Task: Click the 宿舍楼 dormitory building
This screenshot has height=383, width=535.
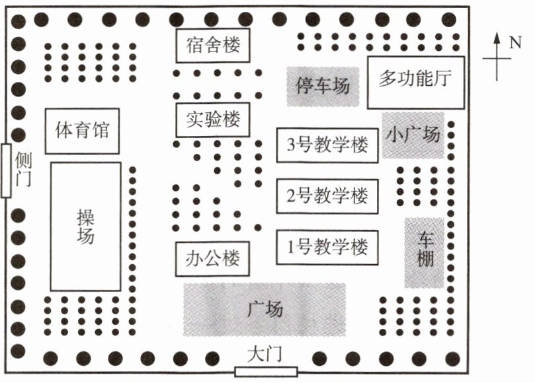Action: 212,46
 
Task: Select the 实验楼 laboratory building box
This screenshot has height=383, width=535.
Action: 212,120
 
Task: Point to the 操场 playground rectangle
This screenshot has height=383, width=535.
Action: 85,226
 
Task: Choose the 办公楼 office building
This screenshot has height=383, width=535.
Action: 212,258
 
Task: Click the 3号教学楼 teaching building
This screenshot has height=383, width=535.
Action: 327,145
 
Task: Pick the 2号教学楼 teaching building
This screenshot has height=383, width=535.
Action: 327,196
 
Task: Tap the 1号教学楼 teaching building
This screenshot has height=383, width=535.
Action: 327,248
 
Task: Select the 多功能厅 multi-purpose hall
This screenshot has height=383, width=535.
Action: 415,82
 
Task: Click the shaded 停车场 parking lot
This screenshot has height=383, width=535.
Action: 323,86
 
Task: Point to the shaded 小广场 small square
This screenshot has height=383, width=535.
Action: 413,135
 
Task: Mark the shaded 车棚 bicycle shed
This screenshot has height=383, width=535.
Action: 424,252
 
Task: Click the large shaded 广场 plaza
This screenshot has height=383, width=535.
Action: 265,309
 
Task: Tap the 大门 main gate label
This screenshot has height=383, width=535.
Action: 265,355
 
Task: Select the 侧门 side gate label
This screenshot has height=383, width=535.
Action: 24,170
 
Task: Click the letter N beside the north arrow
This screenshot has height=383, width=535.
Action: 515,44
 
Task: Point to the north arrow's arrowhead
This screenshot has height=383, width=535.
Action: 497,38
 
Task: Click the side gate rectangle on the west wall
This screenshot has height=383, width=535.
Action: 6,170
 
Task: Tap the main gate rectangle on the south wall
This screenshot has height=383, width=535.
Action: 265,371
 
